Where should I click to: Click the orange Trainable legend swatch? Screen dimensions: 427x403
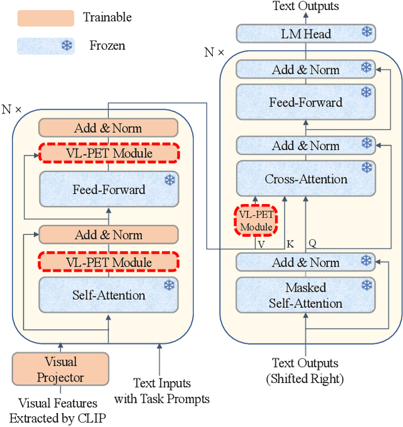pyautogui.click(x=45, y=17)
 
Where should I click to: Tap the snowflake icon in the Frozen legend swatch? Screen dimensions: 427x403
pyautogui.click(x=66, y=45)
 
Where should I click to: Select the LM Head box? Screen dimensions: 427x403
pyautogui.click(x=305, y=33)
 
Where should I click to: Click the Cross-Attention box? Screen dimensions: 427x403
pyautogui.click(x=305, y=179)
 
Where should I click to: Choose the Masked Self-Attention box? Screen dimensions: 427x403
pyautogui.click(x=305, y=295)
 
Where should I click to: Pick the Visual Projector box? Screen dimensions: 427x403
pyautogui.click(x=60, y=370)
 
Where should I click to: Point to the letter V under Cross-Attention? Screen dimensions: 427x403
pyautogui.click(x=262, y=242)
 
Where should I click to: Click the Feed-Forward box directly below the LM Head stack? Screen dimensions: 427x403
pyautogui.click(x=305, y=102)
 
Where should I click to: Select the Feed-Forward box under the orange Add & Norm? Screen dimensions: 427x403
pyautogui.click(x=109, y=189)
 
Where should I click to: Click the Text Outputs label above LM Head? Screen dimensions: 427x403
pyautogui.click(x=305, y=6)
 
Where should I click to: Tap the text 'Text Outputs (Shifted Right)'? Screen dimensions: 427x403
pyautogui.click(x=305, y=371)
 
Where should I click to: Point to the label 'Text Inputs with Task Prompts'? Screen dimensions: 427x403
pyautogui.click(x=161, y=390)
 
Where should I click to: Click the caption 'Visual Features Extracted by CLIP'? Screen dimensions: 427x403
pyautogui.click(x=58, y=410)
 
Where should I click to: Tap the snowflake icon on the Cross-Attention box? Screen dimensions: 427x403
pyautogui.click(x=366, y=168)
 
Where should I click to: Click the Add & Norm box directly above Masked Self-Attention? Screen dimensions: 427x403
pyautogui.click(x=305, y=262)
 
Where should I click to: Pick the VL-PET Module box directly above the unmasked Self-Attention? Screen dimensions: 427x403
pyautogui.click(x=109, y=262)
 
